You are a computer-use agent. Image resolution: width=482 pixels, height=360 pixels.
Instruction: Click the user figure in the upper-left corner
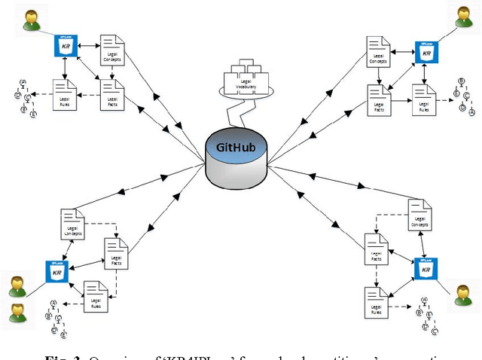pos(30,21)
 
